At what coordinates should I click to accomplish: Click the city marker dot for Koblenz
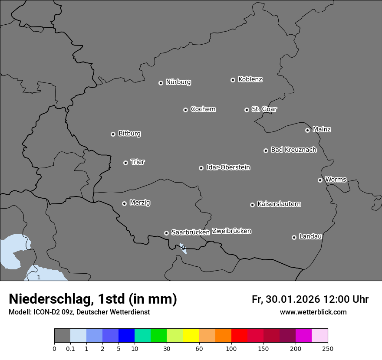coord(233,80)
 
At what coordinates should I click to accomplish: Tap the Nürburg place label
coord(178,82)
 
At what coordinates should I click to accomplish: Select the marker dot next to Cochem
coord(185,110)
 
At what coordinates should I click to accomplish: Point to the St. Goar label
coord(264,109)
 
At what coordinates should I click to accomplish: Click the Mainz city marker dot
coord(307,130)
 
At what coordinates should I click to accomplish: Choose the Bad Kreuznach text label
coord(293,150)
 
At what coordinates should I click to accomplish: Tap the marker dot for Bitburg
coord(113,134)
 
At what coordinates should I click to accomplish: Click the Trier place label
coord(138,162)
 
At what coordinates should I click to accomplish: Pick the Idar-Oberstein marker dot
coord(201,168)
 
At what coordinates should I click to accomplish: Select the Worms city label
coord(336,179)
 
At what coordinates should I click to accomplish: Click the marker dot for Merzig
coord(124,203)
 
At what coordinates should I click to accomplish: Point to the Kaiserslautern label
coord(279,204)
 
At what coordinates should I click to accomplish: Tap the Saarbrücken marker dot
coord(166,233)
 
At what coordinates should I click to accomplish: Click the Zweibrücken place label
coord(231,231)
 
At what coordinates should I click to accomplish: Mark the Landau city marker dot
coord(294,237)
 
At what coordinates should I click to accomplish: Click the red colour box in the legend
coord(239,336)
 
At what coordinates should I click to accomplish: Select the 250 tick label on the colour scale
coord(328,348)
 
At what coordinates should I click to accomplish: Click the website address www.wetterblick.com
coord(313,312)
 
